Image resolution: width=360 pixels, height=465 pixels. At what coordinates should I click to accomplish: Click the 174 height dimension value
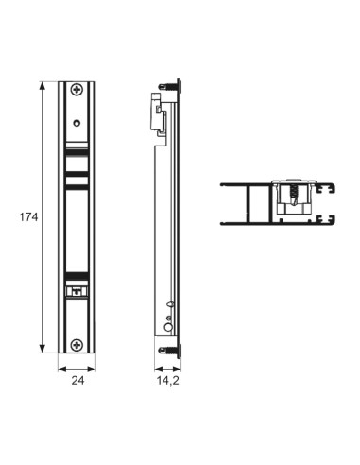pyautogui.click(x=28, y=217)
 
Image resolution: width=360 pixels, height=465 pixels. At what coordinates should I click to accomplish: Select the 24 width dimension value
pyautogui.click(x=77, y=381)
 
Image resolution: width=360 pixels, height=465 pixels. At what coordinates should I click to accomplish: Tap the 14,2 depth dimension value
pyautogui.click(x=168, y=381)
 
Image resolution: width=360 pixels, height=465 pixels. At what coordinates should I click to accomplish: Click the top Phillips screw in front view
pyautogui.click(x=77, y=90)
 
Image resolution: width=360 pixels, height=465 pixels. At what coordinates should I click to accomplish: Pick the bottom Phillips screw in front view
pyautogui.click(x=77, y=345)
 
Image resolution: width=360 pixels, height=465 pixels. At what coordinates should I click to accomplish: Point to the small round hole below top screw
pyautogui.click(x=77, y=123)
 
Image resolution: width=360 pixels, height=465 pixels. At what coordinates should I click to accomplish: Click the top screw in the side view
pyautogui.click(x=169, y=86)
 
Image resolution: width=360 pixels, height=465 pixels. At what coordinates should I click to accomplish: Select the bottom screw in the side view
pyautogui.click(x=169, y=350)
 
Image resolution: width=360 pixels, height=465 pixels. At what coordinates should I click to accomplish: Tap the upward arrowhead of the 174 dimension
pyautogui.click(x=43, y=86)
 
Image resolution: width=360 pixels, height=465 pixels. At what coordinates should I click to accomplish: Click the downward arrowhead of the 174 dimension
pyautogui.click(x=43, y=348)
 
